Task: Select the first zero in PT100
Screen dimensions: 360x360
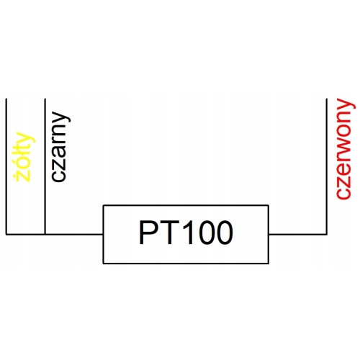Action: click(x=204, y=234)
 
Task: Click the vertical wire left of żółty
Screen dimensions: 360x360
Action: click(x=5, y=166)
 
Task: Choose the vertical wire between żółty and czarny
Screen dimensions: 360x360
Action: click(x=45, y=166)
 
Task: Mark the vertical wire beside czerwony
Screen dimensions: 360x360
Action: click(x=328, y=166)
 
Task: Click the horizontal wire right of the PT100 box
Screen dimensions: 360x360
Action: click(x=298, y=234)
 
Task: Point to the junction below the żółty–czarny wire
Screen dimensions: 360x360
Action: click(x=45, y=234)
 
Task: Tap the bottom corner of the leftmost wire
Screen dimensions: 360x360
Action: click(x=5, y=234)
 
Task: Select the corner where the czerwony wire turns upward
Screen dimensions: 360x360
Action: click(x=328, y=234)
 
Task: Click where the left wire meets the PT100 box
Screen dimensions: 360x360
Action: click(x=104, y=234)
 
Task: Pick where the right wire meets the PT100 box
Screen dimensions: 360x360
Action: click(x=269, y=234)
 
